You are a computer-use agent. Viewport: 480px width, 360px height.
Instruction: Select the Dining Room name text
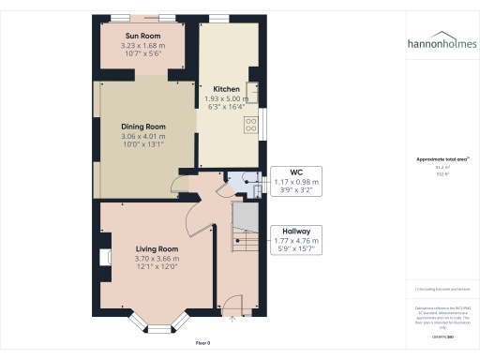coord(142,127)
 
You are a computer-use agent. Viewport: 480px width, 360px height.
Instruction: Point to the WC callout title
coord(295,172)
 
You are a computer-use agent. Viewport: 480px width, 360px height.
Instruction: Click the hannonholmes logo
coord(440,43)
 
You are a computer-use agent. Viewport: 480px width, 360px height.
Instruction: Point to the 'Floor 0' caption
coord(202,344)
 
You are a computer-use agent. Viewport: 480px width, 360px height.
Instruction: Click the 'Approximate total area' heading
coord(439,159)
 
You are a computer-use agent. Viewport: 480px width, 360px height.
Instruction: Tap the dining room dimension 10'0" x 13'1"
coord(142,145)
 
